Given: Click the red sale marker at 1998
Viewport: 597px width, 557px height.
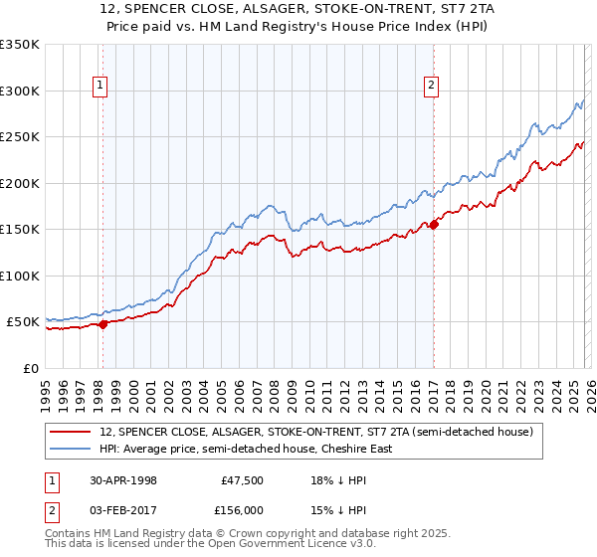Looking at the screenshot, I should pos(103,324).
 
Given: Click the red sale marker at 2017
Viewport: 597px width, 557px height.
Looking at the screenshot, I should pos(434,224).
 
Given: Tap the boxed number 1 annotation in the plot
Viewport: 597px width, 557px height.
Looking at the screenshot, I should pos(102,87).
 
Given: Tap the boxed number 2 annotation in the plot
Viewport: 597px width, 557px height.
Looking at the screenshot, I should pos(432,87).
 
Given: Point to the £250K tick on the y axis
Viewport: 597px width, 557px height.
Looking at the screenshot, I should pos(19,137).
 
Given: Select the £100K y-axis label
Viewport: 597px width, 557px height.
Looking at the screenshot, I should pos(19,276).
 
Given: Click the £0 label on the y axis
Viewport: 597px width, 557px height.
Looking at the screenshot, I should pos(30,368).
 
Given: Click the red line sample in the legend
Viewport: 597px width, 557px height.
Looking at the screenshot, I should pos(72,432).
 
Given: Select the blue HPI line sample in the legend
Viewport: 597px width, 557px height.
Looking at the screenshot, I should pos(72,449).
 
